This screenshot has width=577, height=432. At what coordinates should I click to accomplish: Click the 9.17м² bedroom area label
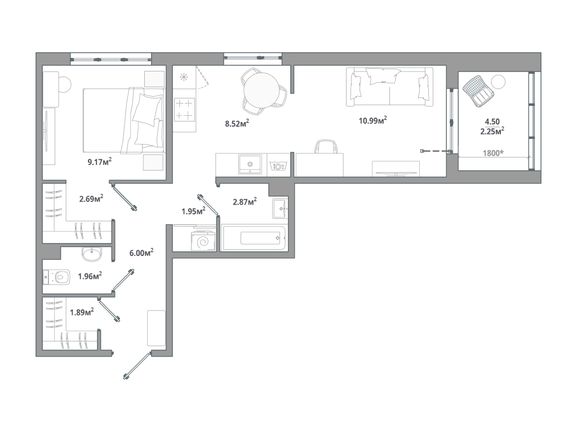coord(99,161)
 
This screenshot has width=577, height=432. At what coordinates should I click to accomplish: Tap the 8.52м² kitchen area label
coord(237,123)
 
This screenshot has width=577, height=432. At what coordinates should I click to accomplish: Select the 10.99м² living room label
coord(373,120)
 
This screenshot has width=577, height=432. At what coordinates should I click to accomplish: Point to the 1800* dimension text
coord(493,153)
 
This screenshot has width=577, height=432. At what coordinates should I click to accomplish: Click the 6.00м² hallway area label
coord(141,253)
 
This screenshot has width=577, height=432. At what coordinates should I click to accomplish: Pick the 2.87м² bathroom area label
coord(245,201)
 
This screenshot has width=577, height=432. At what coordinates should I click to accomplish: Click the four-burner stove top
coord(184,110)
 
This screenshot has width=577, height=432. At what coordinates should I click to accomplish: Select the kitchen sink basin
coord(250,164)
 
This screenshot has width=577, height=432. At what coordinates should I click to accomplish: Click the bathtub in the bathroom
coord(253,238)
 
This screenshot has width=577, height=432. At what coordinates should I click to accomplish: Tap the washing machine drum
coord(203,242)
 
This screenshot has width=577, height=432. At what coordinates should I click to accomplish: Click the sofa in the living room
coord(389,87)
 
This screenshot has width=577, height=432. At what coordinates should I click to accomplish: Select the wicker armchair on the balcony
coord(478,91)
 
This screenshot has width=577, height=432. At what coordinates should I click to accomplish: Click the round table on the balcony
coord(498,82)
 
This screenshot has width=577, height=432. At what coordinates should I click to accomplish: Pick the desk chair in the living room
coord(326,146)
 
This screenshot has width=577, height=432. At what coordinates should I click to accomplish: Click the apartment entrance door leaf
coord(137,366)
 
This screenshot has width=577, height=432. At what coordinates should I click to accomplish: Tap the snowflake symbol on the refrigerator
coord(184,77)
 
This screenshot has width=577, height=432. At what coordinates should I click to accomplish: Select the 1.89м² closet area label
coord(82,312)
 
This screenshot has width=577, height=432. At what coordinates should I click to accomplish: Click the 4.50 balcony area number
coord(492,121)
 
